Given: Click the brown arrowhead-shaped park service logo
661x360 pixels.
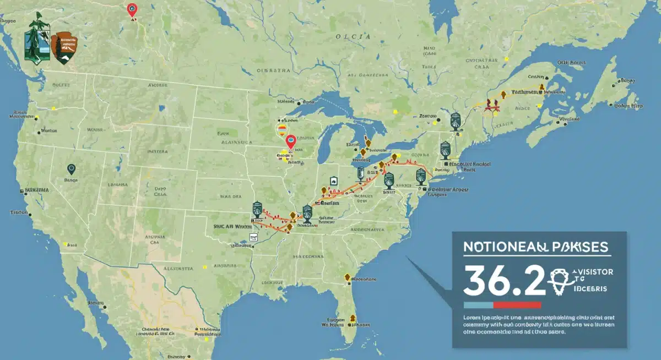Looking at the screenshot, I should (x=64, y=47).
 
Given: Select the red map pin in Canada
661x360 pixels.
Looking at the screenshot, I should (x=132, y=10).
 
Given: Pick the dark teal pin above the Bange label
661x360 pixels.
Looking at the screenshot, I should (x=71, y=170).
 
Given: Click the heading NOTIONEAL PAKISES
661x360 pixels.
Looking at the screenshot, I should (x=535, y=247).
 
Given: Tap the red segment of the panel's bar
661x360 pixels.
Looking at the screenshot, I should (x=517, y=304).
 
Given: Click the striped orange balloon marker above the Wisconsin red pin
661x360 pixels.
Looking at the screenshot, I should (x=281, y=130).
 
